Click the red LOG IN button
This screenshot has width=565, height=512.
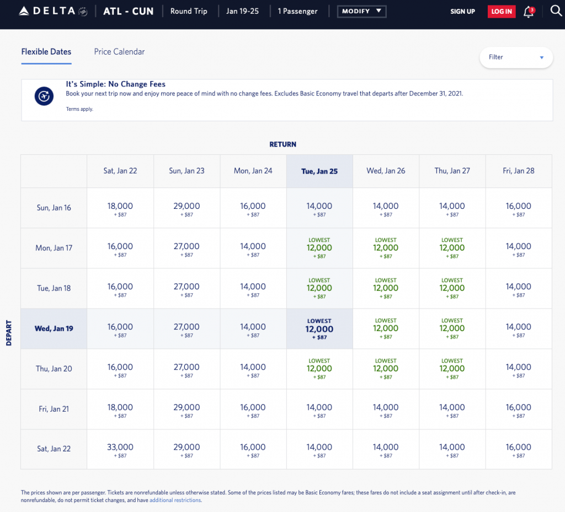click(501, 12)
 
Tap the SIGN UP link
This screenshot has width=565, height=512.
click(462, 12)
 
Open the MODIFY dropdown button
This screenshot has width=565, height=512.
click(361, 11)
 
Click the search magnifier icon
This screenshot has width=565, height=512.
click(556, 11)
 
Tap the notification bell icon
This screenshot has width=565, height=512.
click(529, 12)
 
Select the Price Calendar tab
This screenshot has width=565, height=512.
click(119, 52)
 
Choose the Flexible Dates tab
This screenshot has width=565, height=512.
click(46, 52)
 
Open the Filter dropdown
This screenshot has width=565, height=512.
click(516, 57)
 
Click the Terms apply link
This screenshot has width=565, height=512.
click(79, 109)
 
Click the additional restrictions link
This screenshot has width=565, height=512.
click(175, 500)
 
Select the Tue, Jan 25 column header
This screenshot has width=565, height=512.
click(319, 171)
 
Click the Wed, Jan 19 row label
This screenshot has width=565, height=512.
click(54, 328)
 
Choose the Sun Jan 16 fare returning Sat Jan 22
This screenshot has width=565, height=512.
click(120, 208)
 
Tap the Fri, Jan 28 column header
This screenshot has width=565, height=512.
click(519, 171)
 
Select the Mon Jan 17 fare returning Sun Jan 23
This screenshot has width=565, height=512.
click(186, 249)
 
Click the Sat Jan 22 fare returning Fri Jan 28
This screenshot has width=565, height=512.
click(519, 450)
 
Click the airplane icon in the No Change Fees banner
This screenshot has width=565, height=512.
click(44, 96)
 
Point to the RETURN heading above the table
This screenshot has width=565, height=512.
click(282, 144)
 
